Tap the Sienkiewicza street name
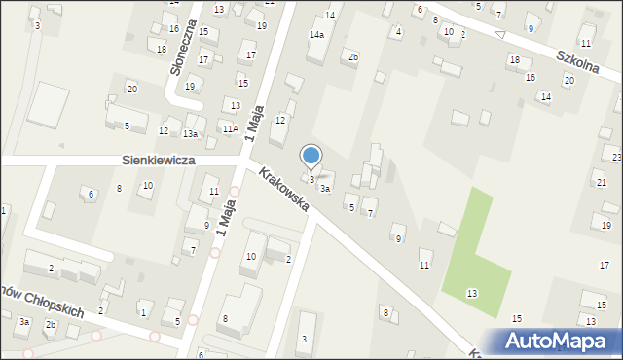(x=158, y=159)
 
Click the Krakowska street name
(x=284, y=190)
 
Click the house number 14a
(x=316, y=35)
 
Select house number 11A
(x=230, y=128)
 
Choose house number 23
(x=616, y=157)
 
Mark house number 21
(x=601, y=183)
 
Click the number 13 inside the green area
(x=472, y=293)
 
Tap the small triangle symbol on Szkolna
(x=500, y=35)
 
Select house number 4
(x=398, y=32)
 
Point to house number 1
(x=143, y=312)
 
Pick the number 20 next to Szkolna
(x=568, y=80)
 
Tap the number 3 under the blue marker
(x=311, y=179)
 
